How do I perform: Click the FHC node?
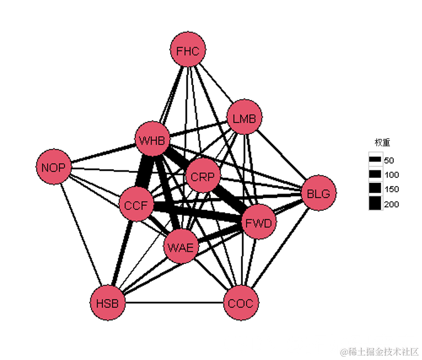coord(188,51)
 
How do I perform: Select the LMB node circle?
coord(244,119)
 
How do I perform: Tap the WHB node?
coord(152,140)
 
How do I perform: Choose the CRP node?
coord(202,177)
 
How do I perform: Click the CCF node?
coord(136,205)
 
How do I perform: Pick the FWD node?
coord(259,223)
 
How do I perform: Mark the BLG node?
coord(319,193)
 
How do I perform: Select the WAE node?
coord(181,247)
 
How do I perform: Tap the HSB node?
coord(107,303)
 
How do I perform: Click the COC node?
coord(241,303)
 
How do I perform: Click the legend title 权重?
coord(383,142)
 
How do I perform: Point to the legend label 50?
coord(389,160)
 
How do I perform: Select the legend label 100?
coord(391,174)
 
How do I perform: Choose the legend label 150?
coord(391,189)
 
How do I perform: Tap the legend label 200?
coord(391,204)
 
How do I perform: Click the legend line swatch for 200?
coord(375,204)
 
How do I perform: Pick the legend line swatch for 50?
coord(375,160)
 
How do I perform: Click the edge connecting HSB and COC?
coord(174,303)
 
